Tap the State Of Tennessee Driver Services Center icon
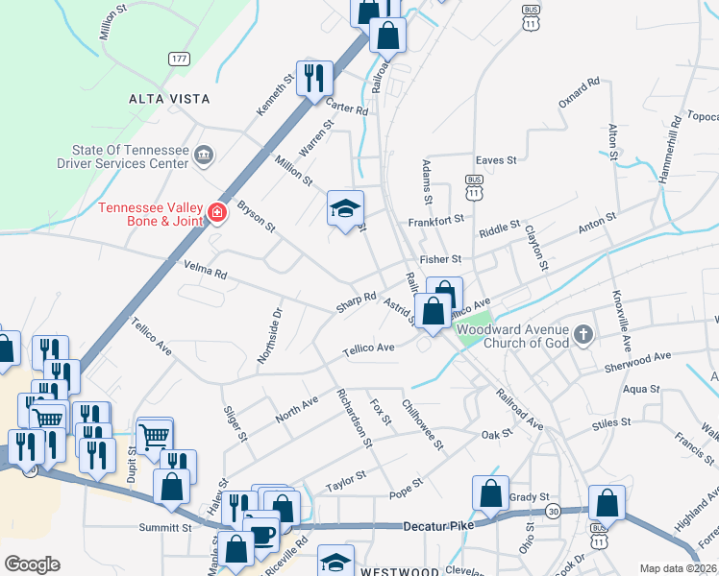[204, 155]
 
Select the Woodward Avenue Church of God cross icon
[583, 335]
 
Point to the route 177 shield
[178, 59]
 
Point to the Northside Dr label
[268, 336]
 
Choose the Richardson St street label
[353, 418]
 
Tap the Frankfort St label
[435, 220]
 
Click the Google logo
[32, 564]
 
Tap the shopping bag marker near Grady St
[490, 493]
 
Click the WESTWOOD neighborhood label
[400, 570]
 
